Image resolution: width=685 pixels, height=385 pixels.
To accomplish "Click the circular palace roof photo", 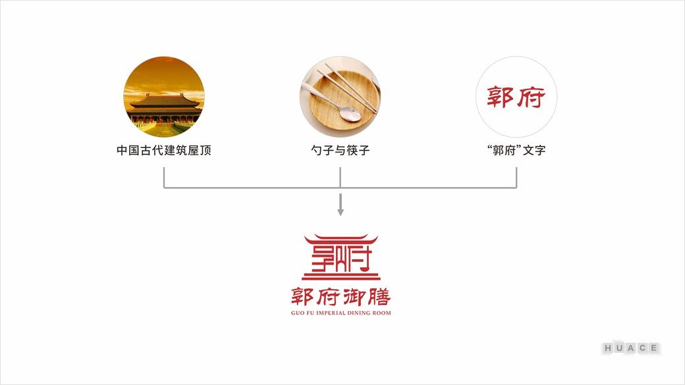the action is point(164,97).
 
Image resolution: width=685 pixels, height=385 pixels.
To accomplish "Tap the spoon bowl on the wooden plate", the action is point(350,114).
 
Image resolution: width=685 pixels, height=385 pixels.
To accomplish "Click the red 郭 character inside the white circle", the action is point(501,97).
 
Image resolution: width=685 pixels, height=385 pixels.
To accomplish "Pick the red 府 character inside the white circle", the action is point(532,97).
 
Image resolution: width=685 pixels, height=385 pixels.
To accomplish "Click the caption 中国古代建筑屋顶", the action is point(164,150).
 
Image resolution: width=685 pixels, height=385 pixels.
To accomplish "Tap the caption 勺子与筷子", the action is point(341,150).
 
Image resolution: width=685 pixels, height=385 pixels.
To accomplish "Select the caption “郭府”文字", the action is point(516,150).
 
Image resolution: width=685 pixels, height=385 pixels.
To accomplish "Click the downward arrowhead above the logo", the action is point(341,212).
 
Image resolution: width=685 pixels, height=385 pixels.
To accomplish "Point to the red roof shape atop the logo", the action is point(341,240).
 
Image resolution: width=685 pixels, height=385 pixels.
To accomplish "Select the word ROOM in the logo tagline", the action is point(382,313).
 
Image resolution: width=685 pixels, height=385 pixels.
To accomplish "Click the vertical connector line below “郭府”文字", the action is point(516,178).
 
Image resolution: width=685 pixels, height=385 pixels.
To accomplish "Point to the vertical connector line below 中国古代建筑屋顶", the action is point(164,178).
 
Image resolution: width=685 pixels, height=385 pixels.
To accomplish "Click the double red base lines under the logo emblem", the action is point(341,276).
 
